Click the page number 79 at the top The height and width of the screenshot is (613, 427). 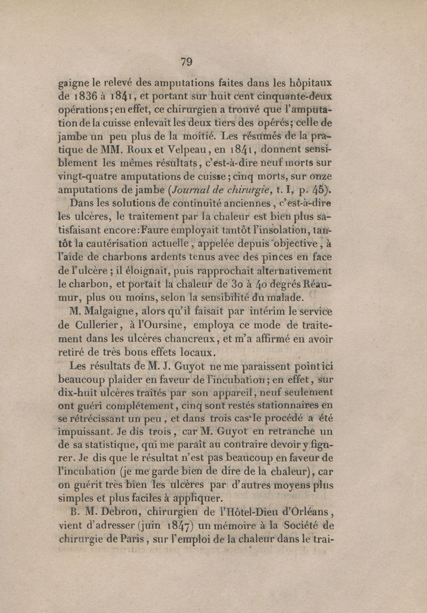[x=186, y=61]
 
